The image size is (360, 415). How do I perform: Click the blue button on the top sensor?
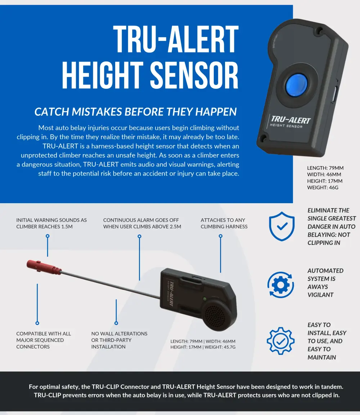click(296, 85)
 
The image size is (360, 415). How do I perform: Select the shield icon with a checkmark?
click(282, 226)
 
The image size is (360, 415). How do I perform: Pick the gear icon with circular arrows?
click(281, 285)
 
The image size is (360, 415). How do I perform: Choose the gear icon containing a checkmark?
click(280, 341)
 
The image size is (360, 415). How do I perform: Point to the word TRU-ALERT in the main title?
click(176, 39)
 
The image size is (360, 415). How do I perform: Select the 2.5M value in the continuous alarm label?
click(174, 227)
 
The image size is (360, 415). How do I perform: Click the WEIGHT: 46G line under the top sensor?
click(323, 187)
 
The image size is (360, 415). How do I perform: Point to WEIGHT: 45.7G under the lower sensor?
click(220, 347)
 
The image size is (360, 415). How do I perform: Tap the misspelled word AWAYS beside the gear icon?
click(318, 287)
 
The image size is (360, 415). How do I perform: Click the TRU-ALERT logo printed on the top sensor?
click(290, 119)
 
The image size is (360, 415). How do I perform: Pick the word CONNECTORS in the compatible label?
click(33, 347)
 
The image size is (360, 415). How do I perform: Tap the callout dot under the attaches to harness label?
click(221, 236)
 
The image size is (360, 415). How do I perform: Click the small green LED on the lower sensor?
click(205, 298)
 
